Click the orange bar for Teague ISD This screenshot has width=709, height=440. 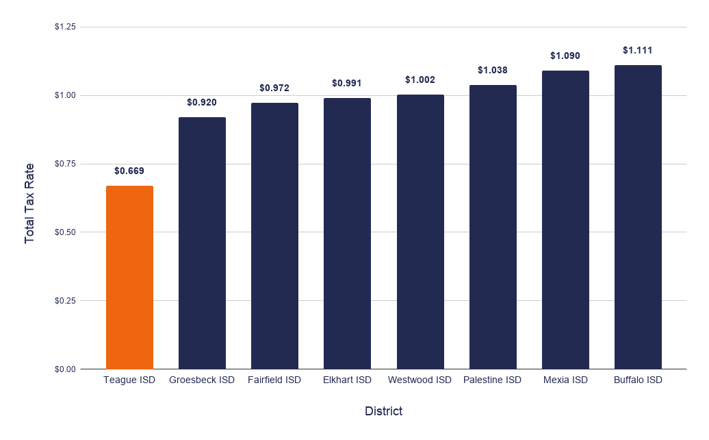coord(129,278)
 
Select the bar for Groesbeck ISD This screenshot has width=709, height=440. coord(202,243)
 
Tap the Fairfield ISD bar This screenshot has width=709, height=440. coord(274,236)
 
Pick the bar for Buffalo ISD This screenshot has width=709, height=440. coord(638,217)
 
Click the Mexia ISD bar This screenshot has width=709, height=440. coord(566,220)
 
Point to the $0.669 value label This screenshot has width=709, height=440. coord(129,171)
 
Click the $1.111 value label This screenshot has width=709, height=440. coord(638,50)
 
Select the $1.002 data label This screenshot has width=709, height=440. coord(420,80)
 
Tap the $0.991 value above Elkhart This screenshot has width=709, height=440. coord(347,84)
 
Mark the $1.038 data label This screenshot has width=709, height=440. coord(493,70)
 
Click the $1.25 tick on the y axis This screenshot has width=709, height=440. coord(65,27)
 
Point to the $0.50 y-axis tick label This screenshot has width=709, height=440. coord(65,232)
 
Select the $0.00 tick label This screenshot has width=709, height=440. coord(65,369)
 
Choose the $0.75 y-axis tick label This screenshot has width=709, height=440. coord(65,164)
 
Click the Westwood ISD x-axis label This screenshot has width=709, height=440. coord(420,380)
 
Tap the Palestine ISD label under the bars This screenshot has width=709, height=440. coord(493,380)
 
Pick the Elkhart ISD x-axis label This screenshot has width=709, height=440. coord(347,380)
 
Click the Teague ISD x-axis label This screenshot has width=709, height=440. coord(129,380)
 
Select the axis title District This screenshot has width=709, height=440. coord(383,411)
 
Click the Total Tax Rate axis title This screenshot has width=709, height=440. coord(29,204)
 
